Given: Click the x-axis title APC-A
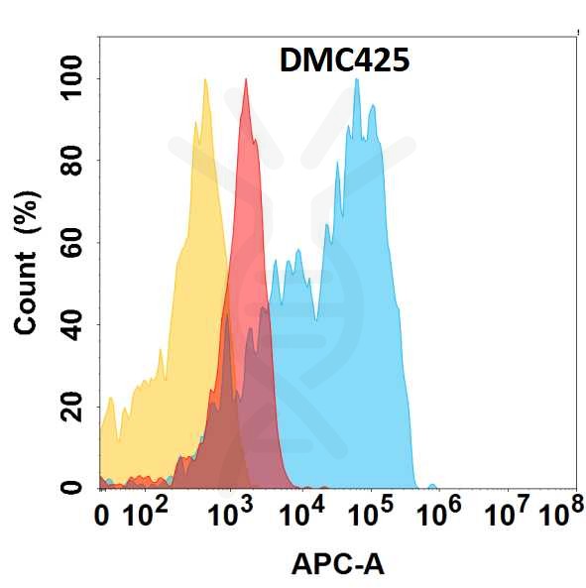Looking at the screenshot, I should tap(337, 564).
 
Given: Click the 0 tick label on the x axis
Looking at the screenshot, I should tap(101, 516).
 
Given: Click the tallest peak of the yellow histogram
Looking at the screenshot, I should tap(205, 80).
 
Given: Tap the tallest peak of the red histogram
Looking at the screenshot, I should tap(246, 80).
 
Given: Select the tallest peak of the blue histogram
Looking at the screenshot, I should tap(357, 80).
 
